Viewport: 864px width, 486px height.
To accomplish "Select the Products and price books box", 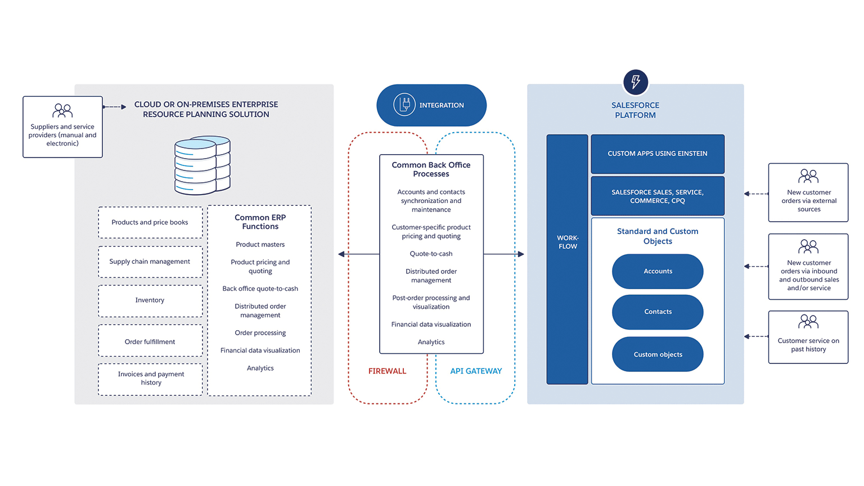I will coord(150,223).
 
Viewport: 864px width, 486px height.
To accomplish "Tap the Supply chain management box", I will coord(150,262).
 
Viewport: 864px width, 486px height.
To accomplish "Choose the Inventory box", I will coord(150,300).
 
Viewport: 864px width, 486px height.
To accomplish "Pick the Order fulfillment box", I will coord(150,341).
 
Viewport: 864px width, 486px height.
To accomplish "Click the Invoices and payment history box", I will coord(150,379).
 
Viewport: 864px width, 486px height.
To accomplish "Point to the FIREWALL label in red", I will coord(387,371).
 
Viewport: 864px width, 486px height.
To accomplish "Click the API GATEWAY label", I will coord(476,371).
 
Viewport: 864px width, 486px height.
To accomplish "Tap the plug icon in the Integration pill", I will coord(404,105).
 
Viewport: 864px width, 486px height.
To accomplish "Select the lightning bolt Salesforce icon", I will coord(636,82).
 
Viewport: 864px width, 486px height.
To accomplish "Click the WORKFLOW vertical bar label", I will coord(568,242).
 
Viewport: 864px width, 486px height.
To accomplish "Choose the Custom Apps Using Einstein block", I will coord(658,154).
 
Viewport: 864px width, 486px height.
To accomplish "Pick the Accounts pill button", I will coord(658,271).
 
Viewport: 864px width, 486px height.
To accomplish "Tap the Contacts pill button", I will coord(658,312).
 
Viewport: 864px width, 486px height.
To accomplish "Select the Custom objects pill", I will coord(658,354).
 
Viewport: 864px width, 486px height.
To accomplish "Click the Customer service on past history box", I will coord(808,337).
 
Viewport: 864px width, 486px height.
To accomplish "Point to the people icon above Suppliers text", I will coord(62,110).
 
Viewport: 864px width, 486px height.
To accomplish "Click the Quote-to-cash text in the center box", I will coord(431,254).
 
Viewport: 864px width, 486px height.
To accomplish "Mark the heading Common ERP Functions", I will coord(260,222).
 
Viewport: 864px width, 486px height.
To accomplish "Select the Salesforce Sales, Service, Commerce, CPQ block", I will coord(658,196).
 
